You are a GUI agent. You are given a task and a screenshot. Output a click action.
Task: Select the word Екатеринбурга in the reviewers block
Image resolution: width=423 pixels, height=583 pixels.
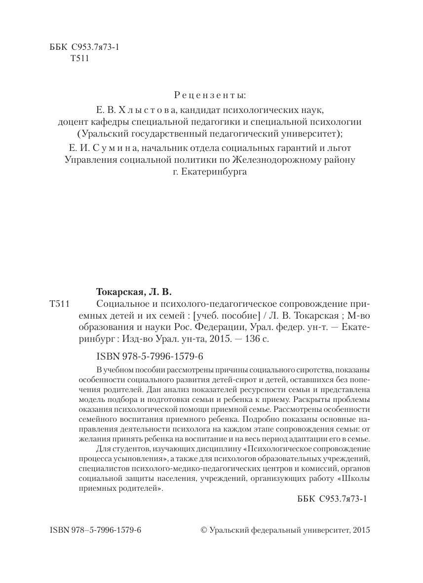pos(218,172)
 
